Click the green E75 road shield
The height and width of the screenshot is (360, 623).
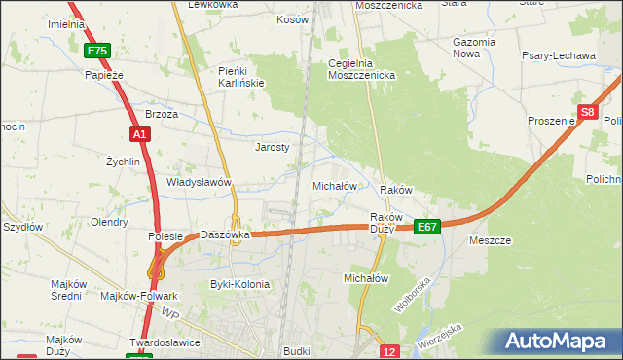tap(96, 51)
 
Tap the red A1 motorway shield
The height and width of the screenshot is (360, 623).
tap(139, 134)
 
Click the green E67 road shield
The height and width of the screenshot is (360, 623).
tap(427, 226)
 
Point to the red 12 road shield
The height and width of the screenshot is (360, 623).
tap(389, 351)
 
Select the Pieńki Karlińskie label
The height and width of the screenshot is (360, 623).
tap(241, 77)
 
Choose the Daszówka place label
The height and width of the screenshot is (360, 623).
tap(226, 234)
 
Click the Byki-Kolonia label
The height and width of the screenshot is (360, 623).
tap(239, 284)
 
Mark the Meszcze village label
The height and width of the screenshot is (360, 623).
tap(490, 240)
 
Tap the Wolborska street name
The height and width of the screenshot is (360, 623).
tap(412, 294)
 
